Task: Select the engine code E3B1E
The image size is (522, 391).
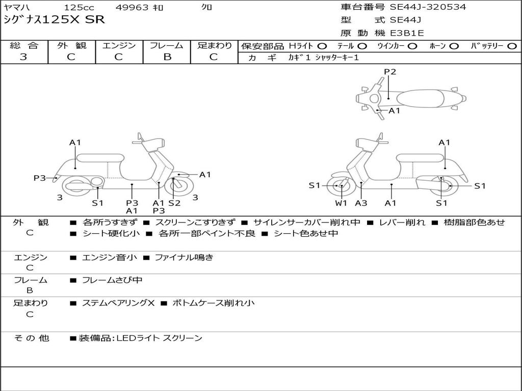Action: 407,33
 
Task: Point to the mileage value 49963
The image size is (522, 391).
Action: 132,8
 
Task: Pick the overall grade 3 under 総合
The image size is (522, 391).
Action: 23,57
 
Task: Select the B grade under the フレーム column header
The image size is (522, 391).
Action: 167,57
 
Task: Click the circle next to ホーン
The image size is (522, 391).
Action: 454,46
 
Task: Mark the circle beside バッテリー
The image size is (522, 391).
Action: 513,46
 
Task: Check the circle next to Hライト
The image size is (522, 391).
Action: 322,46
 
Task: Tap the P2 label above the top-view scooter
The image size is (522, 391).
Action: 390,72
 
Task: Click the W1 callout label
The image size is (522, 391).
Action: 341,203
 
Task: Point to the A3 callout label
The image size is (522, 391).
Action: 361,203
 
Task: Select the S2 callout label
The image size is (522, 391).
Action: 174,203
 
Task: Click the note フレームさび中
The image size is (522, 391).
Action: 112,280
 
